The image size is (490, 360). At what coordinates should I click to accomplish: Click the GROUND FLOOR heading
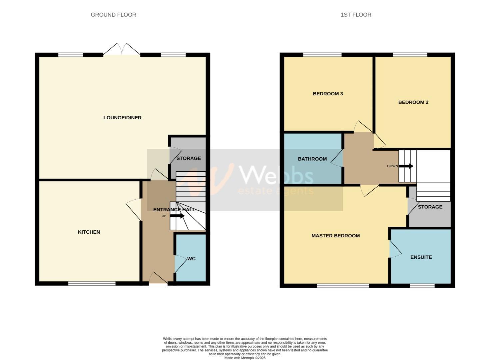(113, 15)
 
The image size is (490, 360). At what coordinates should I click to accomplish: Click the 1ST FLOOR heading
(356, 15)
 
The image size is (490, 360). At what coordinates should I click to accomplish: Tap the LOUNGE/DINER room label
(122, 118)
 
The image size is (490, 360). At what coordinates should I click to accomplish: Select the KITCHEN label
(89, 232)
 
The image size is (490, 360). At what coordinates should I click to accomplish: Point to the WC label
(191, 259)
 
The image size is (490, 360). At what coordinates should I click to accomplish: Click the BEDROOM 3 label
(328, 94)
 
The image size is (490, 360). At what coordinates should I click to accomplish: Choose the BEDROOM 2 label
(413, 102)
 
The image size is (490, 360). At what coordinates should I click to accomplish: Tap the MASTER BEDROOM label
(335, 236)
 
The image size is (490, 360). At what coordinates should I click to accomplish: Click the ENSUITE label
(421, 257)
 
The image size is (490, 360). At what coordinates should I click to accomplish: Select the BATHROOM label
(312, 159)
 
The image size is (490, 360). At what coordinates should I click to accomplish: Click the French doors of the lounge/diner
(122, 49)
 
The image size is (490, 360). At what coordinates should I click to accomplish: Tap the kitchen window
(92, 284)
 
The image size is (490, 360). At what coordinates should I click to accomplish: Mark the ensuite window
(422, 286)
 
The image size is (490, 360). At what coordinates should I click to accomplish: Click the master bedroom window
(343, 286)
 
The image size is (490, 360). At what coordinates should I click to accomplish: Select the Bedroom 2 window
(410, 55)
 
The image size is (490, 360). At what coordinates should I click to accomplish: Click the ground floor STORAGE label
(189, 158)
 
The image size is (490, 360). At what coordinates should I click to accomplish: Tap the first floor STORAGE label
(430, 207)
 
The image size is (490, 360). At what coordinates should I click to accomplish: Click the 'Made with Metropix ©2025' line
(245, 358)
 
